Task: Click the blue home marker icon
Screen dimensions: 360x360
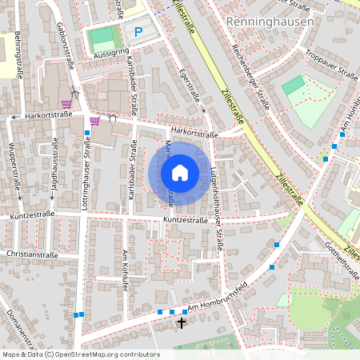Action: (180, 172)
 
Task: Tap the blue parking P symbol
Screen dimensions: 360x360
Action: (138, 32)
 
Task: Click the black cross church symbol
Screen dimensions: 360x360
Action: (182, 323)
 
